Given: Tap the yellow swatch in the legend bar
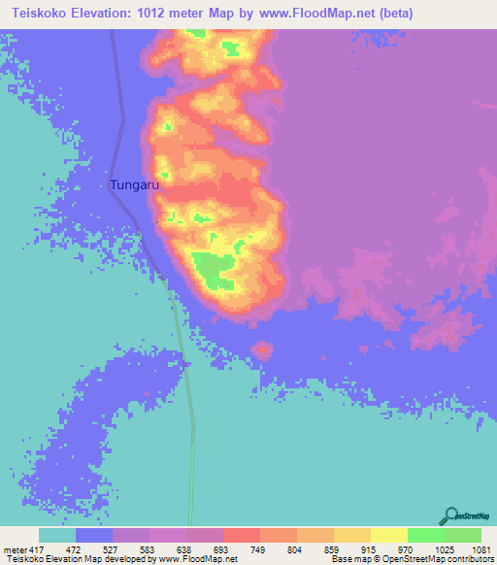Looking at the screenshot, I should click(x=388, y=536).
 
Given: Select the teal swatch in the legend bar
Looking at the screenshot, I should click(x=57, y=536).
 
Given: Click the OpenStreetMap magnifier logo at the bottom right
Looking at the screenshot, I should click(x=450, y=515).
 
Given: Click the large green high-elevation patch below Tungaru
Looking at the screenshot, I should click(x=213, y=267).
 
